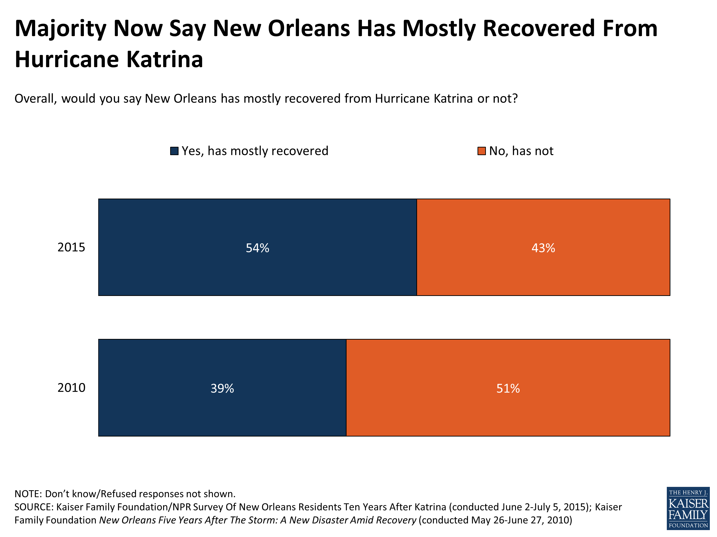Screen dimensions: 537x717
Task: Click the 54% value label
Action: click(x=257, y=248)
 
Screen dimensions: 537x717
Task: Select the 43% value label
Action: click(x=543, y=248)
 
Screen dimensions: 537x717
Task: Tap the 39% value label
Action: click(x=222, y=388)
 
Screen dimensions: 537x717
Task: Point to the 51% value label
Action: click(x=508, y=388)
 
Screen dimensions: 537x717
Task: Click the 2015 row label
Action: click(x=71, y=247)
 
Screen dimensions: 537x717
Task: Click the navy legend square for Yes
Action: click(x=174, y=151)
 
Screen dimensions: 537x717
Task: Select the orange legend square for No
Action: click(x=481, y=151)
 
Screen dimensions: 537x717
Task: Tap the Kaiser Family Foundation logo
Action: click(x=688, y=508)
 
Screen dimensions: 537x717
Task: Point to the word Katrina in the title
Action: click(x=164, y=60)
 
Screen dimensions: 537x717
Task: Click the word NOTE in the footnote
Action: click(x=28, y=494)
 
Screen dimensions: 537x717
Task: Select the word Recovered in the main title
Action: click(x=539, y=28)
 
